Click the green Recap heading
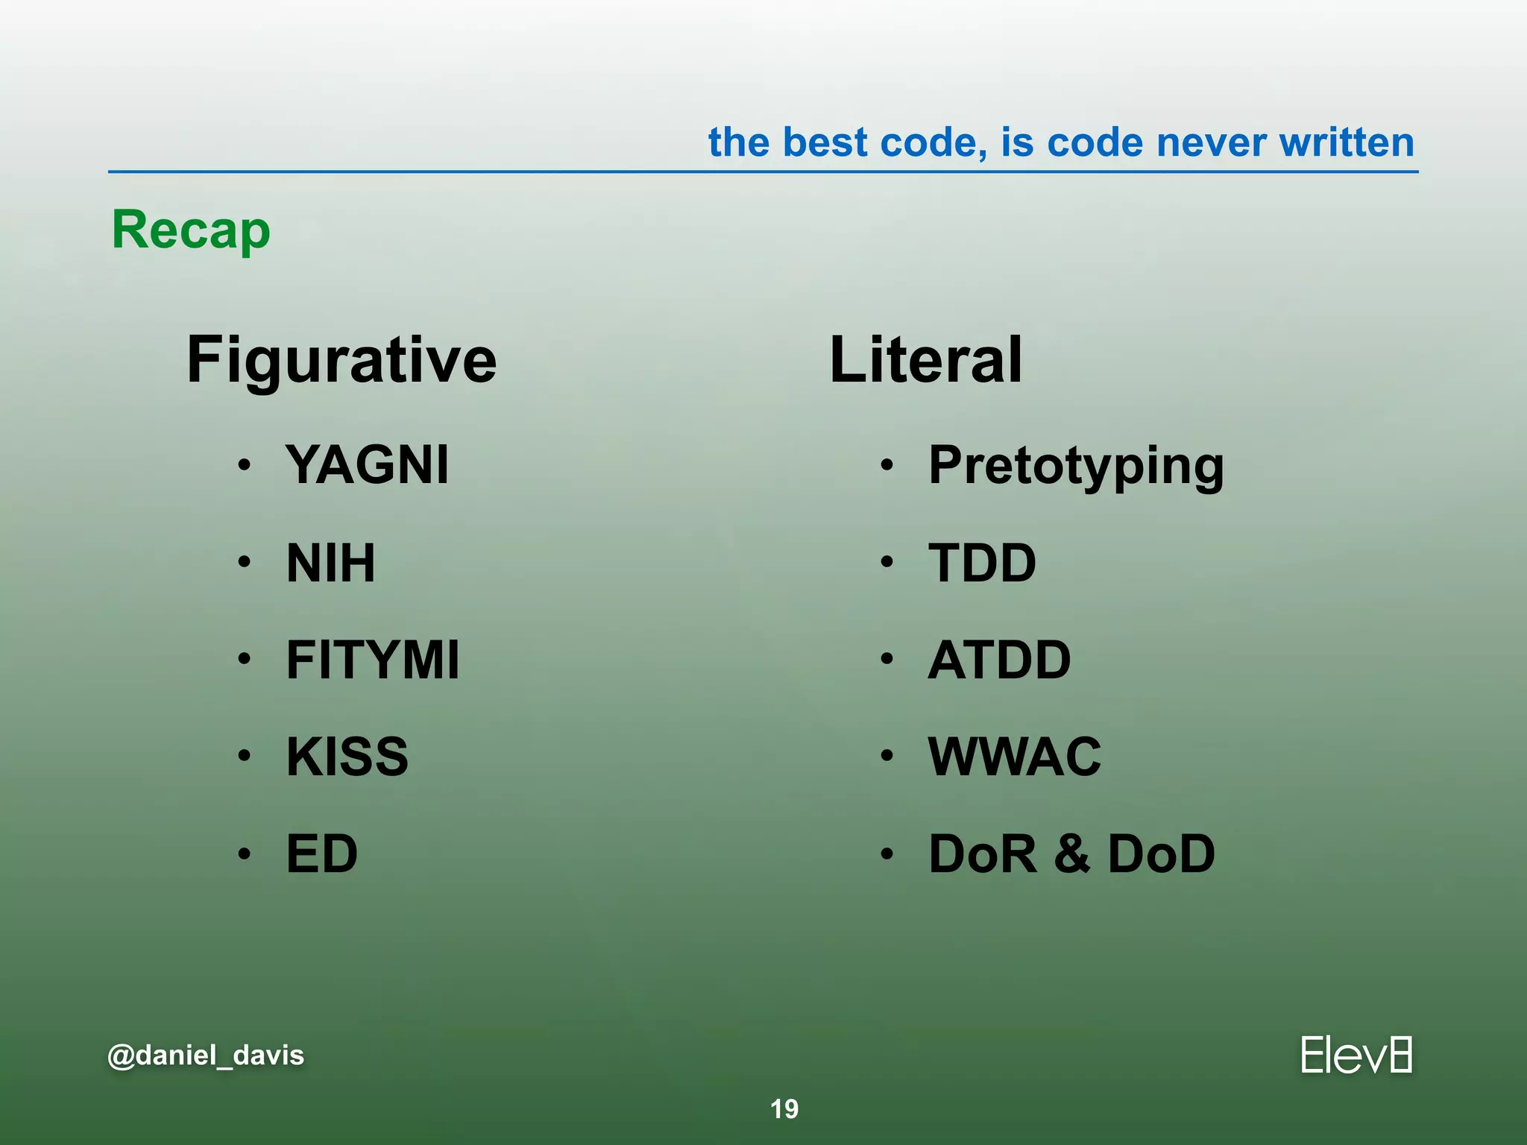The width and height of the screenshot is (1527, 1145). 191,230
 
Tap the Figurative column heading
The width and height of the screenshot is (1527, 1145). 341,361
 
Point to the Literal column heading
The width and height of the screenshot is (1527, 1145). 925,361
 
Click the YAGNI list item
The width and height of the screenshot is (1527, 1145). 368,464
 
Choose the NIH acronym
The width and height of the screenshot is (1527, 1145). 331,563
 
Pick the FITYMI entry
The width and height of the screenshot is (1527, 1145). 373,660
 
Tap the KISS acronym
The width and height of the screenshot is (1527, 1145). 347,757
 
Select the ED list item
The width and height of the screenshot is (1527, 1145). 322,854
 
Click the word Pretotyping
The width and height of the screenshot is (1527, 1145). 1076,466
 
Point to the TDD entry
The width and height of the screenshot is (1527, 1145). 982,563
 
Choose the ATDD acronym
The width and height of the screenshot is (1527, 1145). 999,660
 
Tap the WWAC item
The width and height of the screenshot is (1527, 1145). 1014,757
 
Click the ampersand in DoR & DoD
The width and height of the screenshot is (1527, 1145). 1072,854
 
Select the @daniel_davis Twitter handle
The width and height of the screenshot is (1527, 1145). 206,1056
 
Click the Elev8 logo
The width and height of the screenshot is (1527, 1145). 1356,1055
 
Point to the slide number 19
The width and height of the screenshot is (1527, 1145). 784,1109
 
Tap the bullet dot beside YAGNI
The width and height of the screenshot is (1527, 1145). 244,465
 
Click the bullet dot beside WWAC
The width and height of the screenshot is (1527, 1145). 886,756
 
